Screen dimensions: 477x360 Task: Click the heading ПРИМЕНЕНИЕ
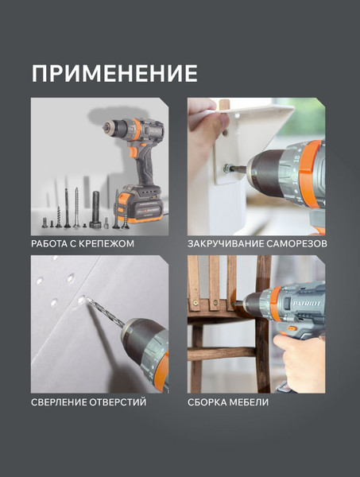(114, 73)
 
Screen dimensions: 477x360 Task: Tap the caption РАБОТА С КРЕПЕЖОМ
(88, 243)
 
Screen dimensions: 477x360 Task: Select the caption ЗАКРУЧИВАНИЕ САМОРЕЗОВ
(257, 243)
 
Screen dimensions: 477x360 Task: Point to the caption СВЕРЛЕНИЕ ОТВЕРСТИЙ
(88, 403)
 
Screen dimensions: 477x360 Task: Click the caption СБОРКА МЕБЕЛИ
(227, 403)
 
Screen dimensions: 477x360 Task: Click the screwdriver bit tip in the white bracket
(230, 169)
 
